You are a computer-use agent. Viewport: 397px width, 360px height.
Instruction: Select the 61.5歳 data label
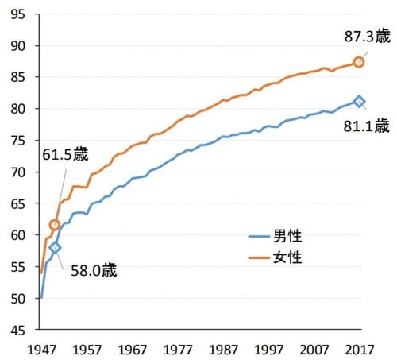click(66, 156)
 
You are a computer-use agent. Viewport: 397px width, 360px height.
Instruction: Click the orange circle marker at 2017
click(359, 62)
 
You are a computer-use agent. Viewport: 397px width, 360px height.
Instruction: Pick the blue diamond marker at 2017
click(359, 101)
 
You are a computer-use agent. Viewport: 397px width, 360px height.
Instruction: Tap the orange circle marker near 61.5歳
click(55, 225)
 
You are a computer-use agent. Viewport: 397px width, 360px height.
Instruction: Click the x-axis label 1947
click(40, 349)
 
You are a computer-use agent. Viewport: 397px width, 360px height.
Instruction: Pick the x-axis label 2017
click(359, 349)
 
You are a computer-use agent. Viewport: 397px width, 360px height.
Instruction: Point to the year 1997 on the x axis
click(268, 349)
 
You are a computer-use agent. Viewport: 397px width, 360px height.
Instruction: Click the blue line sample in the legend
click(258, 236)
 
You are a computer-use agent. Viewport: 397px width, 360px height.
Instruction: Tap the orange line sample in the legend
click(258, 257)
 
